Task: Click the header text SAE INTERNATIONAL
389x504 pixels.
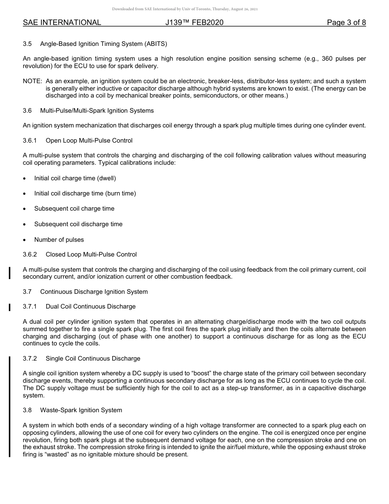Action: click(x=62, y=23)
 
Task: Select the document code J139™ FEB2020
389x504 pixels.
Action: click(x=194, y=23)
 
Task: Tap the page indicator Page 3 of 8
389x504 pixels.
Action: click(x=346, y=23)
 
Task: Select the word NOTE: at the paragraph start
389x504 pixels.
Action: click(x=32, y=81)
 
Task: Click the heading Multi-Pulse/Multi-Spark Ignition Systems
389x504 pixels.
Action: click(x=97, y=111)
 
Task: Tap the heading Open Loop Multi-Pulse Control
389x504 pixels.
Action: click(x=89, y=141)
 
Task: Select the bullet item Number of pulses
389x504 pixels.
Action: click(x=59, y=240)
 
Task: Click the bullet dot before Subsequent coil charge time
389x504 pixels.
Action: click(x=25, y=209)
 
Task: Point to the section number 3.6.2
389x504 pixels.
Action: click(x=30, y=254)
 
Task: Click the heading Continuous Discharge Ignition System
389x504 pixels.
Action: click(x=94, y=292)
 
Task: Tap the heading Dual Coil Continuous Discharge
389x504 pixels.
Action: click(x=90, y=306)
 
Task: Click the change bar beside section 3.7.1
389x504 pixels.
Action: click(x=9, y=307)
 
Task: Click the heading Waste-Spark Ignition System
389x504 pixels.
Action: click(x=81, y=410)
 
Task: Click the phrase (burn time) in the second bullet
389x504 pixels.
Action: click(x=120, y=193)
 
